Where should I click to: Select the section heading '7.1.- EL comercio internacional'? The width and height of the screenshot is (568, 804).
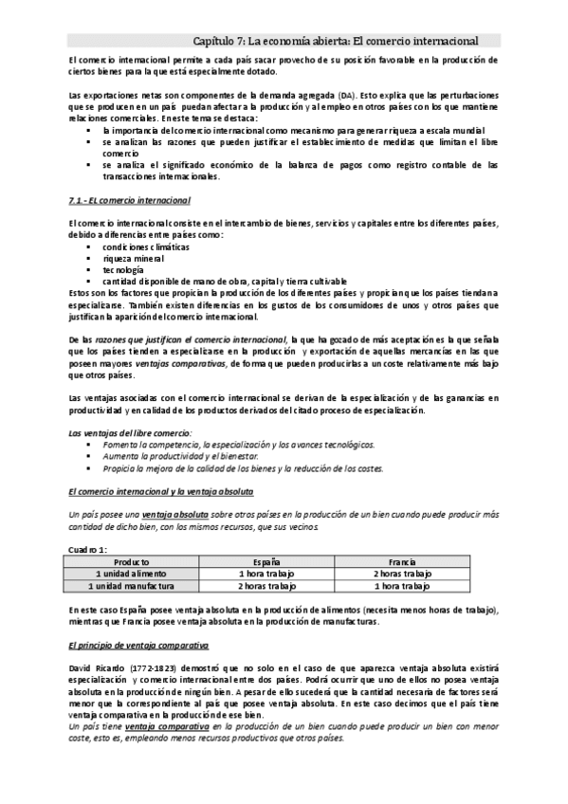tap(131, 201)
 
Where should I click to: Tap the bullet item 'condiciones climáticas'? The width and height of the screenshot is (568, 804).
tap(147, 247)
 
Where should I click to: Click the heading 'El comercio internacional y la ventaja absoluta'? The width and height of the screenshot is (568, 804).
tap(161, 493)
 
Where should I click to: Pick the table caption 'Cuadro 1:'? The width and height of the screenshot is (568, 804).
tap(89, 550)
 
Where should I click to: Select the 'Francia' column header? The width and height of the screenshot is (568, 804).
tap(402, 562)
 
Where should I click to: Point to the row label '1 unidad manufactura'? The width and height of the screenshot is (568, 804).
tap(134, 586)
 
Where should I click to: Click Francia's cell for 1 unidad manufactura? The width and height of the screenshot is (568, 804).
tap(402, 586)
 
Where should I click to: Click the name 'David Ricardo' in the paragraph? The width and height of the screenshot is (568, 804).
tap(97, 667)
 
